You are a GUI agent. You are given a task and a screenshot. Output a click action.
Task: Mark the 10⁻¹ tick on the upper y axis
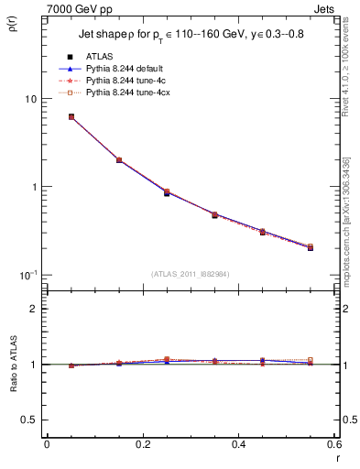pos(27,275)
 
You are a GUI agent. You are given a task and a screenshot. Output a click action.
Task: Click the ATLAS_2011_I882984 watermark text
pos(191,273)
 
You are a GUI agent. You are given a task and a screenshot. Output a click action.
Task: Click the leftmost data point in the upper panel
pos(71,117)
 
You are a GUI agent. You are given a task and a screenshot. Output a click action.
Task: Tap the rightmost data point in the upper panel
pos(311,247)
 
